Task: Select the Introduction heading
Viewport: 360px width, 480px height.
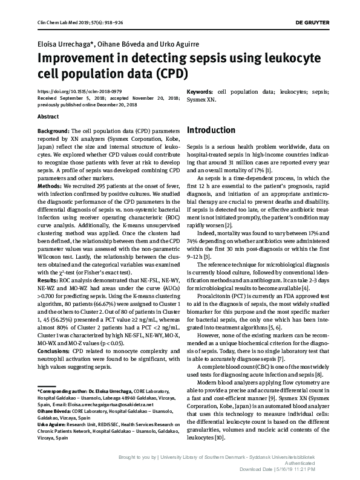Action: pos(211,130)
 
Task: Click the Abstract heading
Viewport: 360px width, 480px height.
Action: pos(48,115)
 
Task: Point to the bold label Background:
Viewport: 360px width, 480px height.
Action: pos(53,131)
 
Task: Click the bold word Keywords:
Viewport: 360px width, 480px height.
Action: pos(202,91)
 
